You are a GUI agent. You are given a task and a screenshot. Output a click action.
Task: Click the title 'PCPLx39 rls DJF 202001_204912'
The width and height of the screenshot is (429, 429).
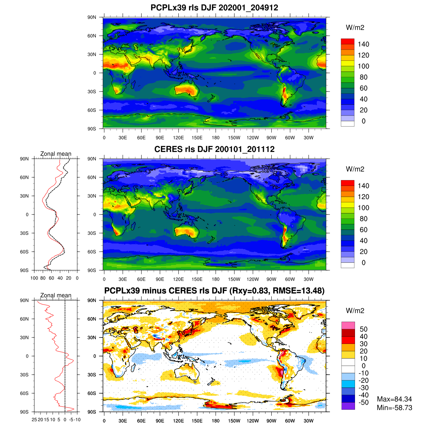214,8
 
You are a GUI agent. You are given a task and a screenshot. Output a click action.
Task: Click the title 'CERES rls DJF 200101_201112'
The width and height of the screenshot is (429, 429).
214,149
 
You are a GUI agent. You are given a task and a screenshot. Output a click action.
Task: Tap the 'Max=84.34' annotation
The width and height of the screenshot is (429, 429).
394,399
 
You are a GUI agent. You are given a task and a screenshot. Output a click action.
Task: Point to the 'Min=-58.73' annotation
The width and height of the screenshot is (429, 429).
394,408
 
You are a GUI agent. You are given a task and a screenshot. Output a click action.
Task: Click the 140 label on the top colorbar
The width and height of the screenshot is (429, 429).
363,44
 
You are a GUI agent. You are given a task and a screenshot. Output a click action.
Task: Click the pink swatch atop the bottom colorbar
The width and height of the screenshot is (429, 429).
348,325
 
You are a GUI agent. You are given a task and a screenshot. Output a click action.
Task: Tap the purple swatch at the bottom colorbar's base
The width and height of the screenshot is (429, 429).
348,406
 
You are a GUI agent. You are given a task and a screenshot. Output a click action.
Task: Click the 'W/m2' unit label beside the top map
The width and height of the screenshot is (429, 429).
355,28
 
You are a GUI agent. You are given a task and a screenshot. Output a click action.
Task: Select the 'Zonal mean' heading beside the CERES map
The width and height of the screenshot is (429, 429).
56,154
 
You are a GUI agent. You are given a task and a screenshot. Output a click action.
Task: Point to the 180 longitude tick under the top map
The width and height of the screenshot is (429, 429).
216,138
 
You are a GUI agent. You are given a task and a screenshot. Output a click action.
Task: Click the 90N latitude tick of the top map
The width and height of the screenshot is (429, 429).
92,17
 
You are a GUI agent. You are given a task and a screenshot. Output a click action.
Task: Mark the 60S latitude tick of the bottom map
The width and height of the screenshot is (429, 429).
92,393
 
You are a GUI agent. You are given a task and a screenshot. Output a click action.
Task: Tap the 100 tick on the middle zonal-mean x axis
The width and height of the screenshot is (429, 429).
34,278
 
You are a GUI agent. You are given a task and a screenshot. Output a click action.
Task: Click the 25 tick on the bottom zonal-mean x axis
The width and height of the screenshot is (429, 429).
34,419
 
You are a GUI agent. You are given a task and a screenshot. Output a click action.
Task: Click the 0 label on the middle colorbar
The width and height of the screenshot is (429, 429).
363,263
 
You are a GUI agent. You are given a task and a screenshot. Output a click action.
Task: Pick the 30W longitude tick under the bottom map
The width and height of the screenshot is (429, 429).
309,421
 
